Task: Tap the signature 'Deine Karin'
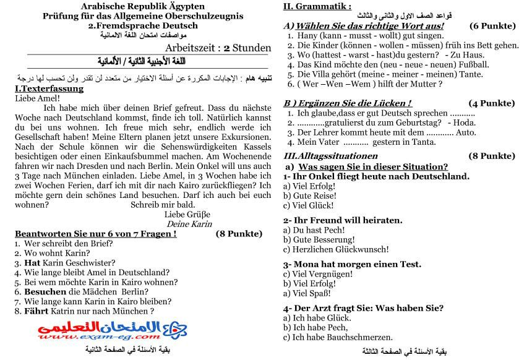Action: tap(189, 224)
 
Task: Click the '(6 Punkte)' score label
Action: tap(492, 26)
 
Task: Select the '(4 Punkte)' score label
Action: tap(492, 103)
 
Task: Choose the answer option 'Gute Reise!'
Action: tap(313, 195)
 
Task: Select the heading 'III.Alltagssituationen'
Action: tap(330, 156)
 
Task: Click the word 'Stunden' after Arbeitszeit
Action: tap(251, 48)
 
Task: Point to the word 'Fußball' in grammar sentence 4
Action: tap(427, 64)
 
